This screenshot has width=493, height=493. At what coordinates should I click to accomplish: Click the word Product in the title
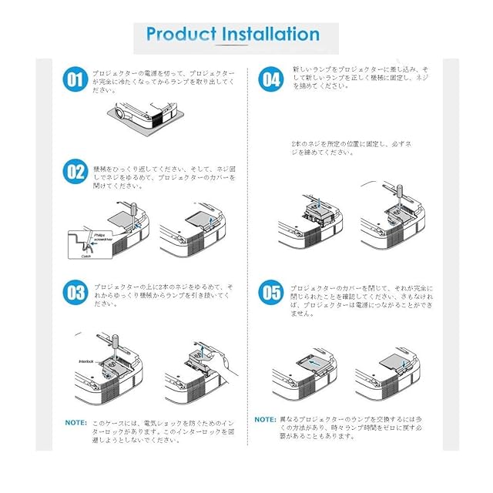180,35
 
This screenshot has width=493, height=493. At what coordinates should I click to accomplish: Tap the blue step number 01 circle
75,79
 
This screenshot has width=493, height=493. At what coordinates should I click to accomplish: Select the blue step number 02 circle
75,171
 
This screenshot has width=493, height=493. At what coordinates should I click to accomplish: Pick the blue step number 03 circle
75,293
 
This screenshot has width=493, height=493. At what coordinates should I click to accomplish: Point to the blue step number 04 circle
270,79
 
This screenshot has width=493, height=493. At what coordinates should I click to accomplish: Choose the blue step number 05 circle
270,293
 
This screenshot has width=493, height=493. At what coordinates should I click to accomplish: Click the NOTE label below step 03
75,422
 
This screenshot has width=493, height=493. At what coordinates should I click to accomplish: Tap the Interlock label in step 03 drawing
86,360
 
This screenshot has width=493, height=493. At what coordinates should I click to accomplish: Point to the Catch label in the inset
86,257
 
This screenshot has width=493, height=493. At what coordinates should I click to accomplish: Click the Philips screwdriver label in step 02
102,238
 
